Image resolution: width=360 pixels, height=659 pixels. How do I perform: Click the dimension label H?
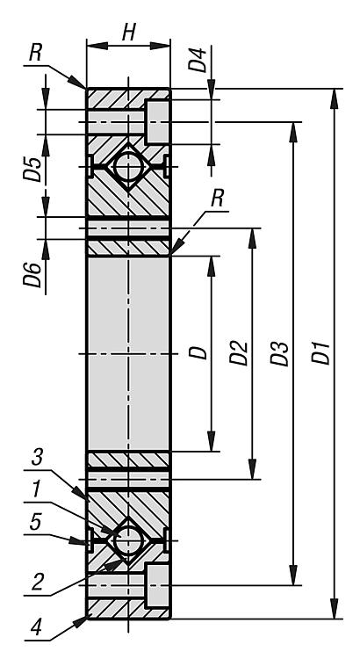[x=129, y=32]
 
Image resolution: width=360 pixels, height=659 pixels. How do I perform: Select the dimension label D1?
[x=322, y=353]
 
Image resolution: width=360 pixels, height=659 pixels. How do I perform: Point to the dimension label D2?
[x=239, y=353]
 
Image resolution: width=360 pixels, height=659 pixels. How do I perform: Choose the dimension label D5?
[x=32, y=169]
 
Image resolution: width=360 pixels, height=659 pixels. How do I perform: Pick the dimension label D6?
[x=32, y=275]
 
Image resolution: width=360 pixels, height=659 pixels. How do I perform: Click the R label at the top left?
[x=36, y=54]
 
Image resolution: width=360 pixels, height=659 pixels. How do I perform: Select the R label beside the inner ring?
[x=217, y=199]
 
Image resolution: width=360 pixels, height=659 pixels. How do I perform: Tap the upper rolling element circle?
[x=128, y=166]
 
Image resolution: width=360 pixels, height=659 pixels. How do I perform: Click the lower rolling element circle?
[x=128, y=540]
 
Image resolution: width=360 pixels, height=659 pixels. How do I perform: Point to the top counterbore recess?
[x=157, y=122]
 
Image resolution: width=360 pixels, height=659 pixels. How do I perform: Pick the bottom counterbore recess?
[x=157, y=585]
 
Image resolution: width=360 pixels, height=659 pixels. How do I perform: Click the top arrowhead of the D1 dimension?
[x=335, y=98]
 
